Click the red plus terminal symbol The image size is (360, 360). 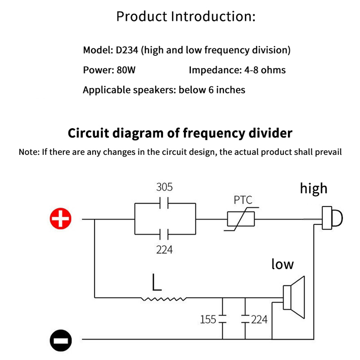61,219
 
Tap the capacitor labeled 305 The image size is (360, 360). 165,203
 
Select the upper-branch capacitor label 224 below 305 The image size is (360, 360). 164,249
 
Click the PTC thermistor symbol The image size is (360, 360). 241,220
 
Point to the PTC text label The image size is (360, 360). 243,200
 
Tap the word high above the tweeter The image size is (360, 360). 314,188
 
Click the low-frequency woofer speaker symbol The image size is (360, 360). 295,296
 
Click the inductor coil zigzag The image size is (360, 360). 164,298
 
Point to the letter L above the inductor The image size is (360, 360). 157,282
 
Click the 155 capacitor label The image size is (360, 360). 208,319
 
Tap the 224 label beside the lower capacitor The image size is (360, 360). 259,319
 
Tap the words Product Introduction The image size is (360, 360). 186,17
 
